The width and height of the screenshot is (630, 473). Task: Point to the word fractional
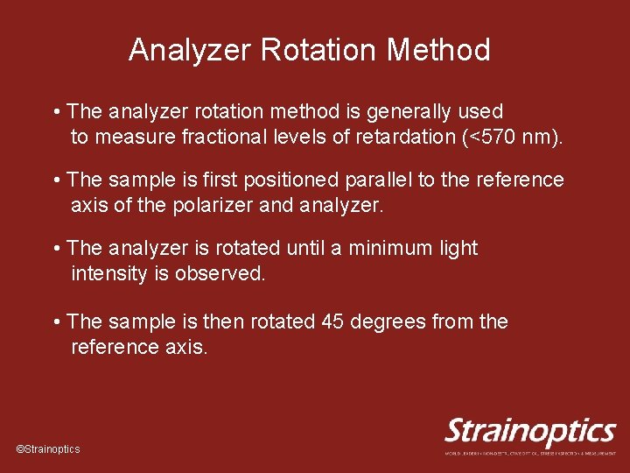(199, 138)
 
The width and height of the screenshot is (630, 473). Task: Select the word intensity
(109, 274)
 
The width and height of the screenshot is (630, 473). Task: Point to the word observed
(220, 274)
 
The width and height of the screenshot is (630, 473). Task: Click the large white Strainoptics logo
(531, 431)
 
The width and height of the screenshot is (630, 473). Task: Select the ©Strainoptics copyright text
(48, 449)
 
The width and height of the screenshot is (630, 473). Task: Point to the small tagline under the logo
(531, 453)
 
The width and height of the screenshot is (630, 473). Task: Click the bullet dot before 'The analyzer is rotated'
(57, 249)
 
